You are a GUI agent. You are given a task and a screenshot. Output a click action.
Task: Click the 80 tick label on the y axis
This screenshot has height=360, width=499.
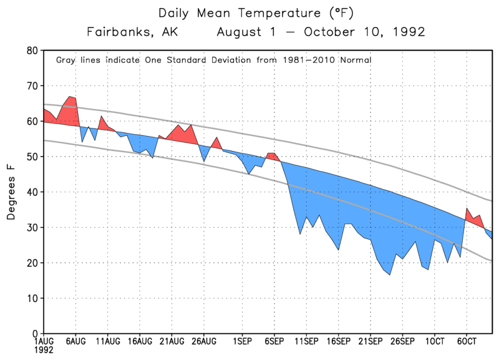point(31,51)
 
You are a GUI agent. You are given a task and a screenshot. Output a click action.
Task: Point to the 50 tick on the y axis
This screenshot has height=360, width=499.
point(31,157)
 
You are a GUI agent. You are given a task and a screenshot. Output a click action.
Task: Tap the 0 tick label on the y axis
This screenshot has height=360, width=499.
point(34,334)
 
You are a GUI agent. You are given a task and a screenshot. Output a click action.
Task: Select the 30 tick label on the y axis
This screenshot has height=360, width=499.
point(31,228)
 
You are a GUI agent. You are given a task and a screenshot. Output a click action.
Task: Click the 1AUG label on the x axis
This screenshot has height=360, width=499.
point(44,342)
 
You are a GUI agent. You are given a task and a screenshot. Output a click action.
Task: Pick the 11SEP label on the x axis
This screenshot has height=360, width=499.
point(304,342)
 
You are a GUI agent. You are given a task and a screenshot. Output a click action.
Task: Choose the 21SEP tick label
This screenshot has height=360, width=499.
point(369,342)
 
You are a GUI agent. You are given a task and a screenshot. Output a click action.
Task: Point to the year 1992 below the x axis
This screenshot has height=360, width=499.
point(43,351)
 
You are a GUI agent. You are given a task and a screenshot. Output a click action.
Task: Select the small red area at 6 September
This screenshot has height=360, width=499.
point(272,157)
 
